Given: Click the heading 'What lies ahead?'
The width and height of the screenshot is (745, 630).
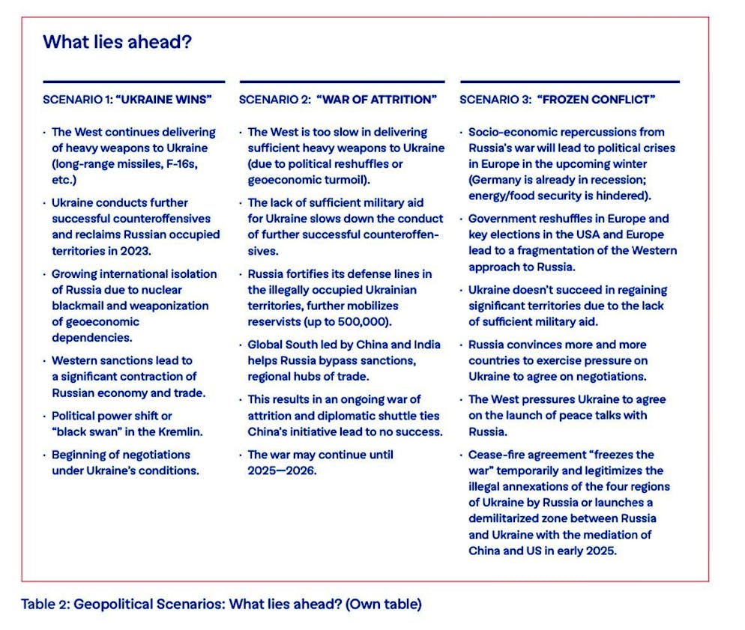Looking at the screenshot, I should click(x=117, y=42).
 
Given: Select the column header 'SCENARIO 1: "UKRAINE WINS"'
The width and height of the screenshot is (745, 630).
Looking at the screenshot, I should click(x=127, y=100).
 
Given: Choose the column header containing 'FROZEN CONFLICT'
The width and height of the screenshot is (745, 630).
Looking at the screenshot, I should click(x=558, y=100).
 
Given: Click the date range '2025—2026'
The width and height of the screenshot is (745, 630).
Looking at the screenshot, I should click(x=283, y=470).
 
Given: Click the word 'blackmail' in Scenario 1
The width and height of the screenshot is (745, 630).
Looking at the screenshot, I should click(x=80, y=306).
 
